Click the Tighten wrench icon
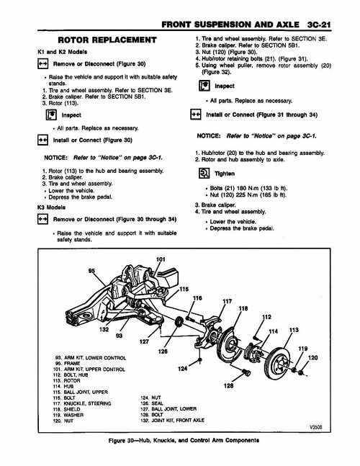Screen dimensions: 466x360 coord(203,174)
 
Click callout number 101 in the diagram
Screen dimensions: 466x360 coord(160,259)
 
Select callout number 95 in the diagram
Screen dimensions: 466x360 coord(91,272)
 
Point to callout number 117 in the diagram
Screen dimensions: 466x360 coord(227,301)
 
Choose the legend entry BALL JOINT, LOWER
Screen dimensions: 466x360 coord(169,408)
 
